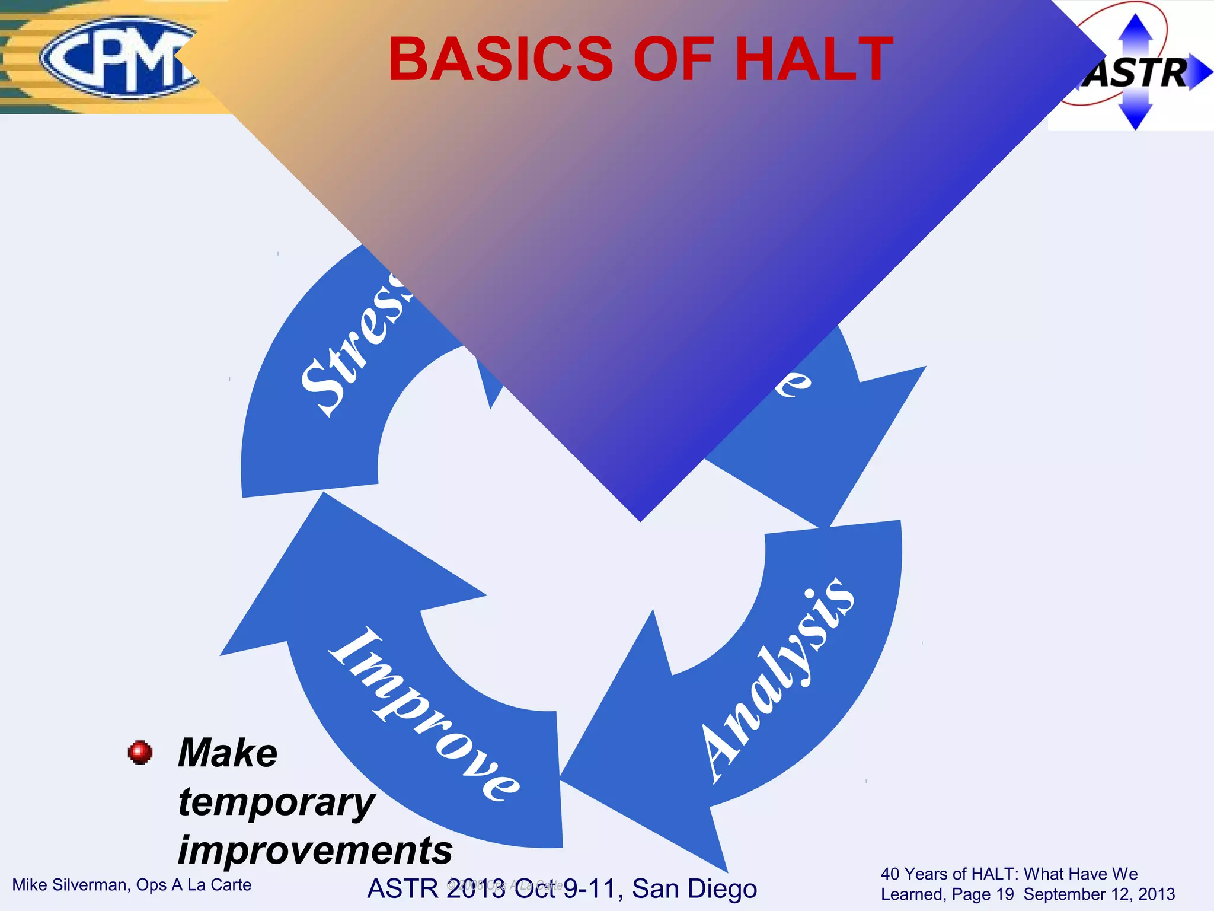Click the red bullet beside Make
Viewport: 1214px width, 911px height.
coord(140,752)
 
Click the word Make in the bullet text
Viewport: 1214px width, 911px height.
coord(228,753)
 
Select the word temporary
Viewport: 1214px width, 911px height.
coord(276,802)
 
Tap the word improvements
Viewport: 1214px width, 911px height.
coord(315,850)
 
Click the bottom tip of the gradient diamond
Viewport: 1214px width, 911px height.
coord(640,520)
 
